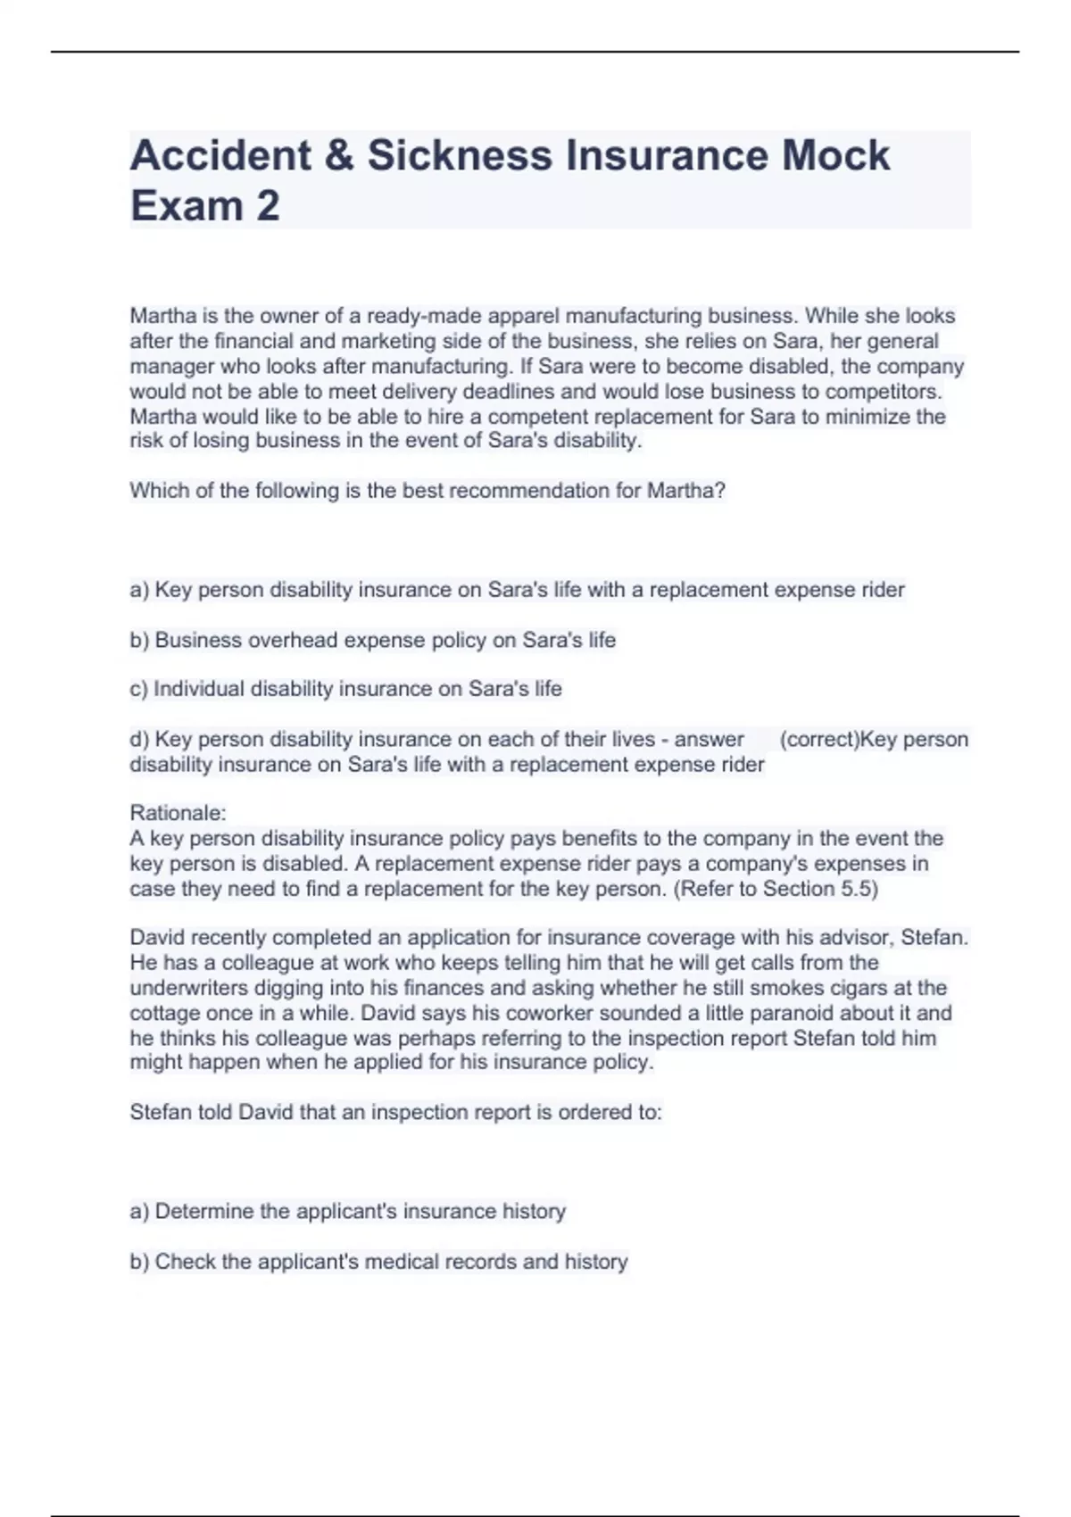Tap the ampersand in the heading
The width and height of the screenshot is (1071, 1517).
coord(339,155)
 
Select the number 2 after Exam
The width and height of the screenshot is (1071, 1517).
coord(267,205)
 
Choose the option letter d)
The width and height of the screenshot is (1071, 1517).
coord(139,739)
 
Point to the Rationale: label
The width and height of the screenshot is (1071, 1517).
coord(178,813)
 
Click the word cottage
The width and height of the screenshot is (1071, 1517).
coord(164,1013)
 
